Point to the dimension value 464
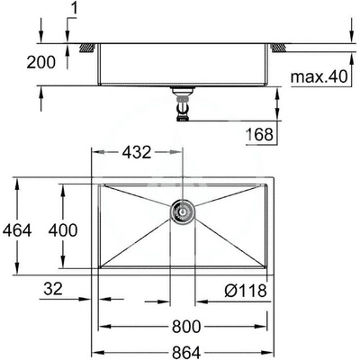point(18,229)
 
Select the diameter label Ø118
point(245,290)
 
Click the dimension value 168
point(259,135)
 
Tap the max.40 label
point(318,77)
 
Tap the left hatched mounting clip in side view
point(88,45)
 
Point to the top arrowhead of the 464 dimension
point(19,179)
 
